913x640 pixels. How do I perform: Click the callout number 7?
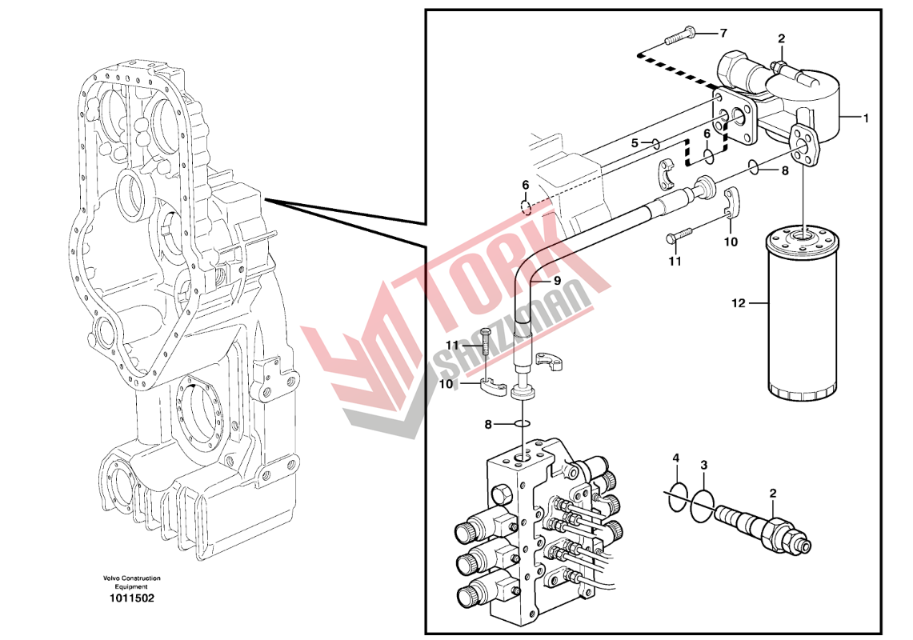click(x=723, y=33)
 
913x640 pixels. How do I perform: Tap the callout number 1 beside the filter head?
click(x=866, y=118)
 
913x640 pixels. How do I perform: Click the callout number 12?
click(x=739, y=303)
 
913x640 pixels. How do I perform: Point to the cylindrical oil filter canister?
click(x=802, y=314)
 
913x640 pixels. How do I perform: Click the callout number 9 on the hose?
click(x=557, y=281)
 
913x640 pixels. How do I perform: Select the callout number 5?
click(x=635, y=142)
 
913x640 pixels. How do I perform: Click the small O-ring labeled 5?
click(x=656, y=143)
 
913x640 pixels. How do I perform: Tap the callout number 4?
click(x=675, y=458)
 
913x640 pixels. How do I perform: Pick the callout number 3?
click(x=704, y=465)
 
